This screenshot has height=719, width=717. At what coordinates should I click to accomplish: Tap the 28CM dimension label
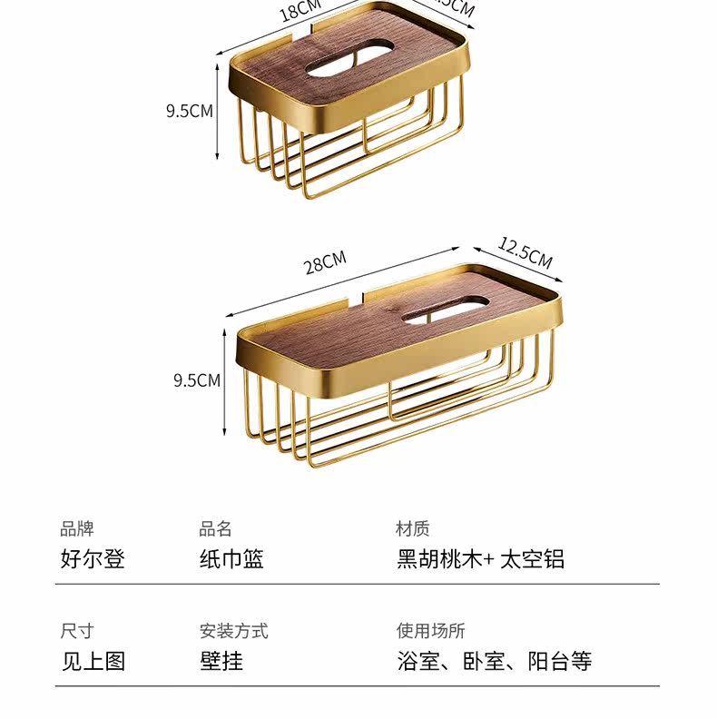click(325, 263)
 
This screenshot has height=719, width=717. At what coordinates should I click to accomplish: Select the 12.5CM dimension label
click(525, 251)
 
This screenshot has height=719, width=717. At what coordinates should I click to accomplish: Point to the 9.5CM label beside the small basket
click(189, 112)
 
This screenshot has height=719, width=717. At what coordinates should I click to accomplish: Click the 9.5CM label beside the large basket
click(197, 379)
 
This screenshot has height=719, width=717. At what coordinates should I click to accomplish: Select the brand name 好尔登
click(93, 558)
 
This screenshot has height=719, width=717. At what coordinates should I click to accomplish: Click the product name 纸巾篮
click(231, 558)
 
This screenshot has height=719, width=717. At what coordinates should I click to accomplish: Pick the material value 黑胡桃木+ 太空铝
click(480, 558)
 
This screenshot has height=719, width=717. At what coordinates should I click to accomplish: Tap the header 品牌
click(76, 528)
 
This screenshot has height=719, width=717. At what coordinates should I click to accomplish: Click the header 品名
click(215, 528)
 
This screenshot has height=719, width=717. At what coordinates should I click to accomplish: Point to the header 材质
click(412, 528)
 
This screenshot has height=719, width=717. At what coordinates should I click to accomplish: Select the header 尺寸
click(76, 631)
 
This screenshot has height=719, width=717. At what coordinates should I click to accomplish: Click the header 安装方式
click(233, 631)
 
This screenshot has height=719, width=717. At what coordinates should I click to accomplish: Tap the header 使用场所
click(430, 631)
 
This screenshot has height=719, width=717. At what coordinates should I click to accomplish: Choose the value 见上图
click(93, 661)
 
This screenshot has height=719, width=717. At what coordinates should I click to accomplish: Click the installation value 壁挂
click(221, 661)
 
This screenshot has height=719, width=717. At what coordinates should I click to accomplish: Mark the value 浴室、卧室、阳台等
click(494, 661)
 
